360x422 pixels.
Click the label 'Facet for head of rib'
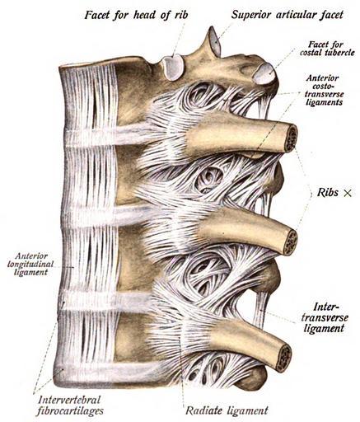click(136, 15)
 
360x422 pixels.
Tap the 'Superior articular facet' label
click(287, 15)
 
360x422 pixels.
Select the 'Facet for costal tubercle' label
click(327, 49)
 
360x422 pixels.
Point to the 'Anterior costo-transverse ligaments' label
click(325, 90)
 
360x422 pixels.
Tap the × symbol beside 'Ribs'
click(348, 193)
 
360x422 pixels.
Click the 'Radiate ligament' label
click(227, 410)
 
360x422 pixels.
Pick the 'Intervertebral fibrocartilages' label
click(71, 406)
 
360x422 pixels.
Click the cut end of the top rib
click(291, 138)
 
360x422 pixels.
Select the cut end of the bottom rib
click(285, 358)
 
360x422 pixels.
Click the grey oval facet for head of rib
click(173, 67)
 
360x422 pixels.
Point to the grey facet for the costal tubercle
click(264, 73)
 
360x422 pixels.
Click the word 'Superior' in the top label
click(251, 15)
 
